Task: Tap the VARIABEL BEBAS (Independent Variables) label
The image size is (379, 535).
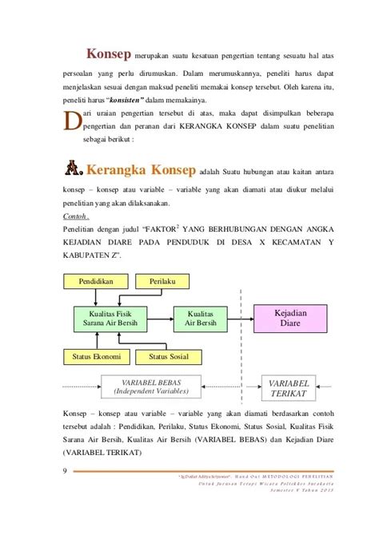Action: tap(150, 387)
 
